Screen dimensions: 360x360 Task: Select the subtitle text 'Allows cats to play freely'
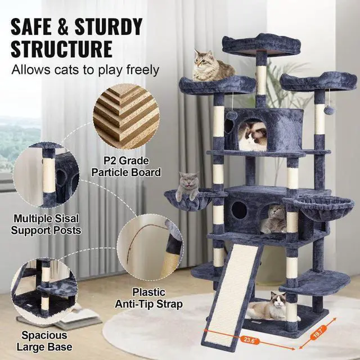[x=84, y=71]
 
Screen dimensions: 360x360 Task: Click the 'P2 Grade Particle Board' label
[x=133, y=166]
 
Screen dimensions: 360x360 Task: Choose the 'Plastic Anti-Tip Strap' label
[x=149, y=298]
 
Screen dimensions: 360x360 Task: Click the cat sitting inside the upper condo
[x=251, y=137]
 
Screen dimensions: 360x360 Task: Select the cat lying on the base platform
[x=269, y=307]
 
